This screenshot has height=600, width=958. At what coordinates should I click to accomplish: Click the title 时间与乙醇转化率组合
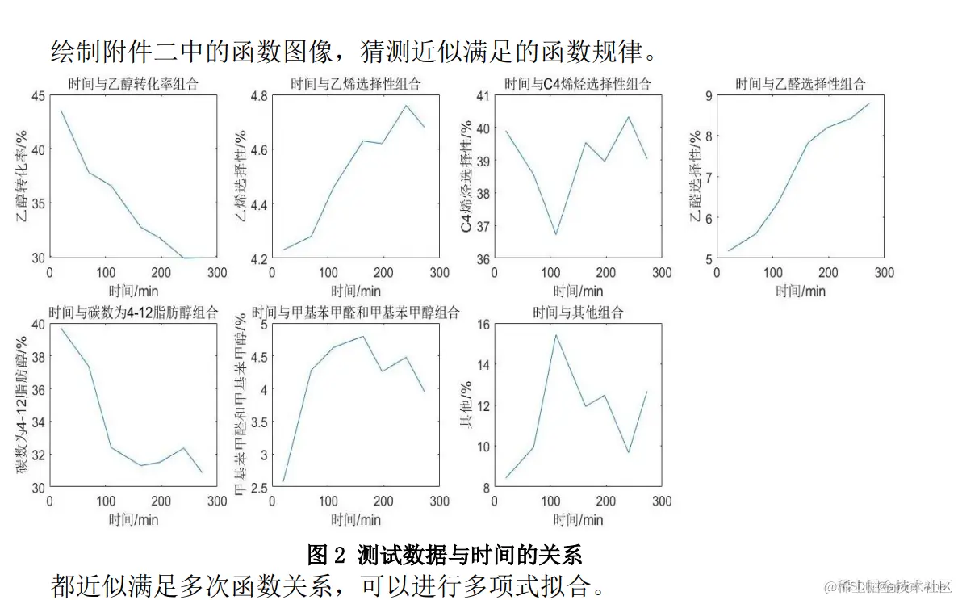[133, 83]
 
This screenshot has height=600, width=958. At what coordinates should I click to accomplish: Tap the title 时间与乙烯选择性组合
[356, 83]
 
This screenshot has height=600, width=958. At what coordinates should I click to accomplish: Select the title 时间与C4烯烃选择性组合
[577, 83]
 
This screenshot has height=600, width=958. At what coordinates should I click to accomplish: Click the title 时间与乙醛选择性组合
[800, 83]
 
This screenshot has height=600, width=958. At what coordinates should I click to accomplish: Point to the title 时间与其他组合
[577, 313]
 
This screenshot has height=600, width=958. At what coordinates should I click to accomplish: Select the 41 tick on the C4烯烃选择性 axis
[483, 96]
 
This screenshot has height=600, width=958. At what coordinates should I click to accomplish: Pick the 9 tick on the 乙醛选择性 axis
[708, 96]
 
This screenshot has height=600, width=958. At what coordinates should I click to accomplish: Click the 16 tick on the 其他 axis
[483, 325]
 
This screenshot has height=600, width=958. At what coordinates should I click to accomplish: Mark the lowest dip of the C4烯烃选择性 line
[555, 234]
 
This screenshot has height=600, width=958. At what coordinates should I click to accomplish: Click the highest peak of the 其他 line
[555, 335]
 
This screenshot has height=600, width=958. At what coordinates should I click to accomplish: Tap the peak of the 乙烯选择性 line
[406, 106]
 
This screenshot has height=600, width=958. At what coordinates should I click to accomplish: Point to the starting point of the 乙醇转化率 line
[61, 111]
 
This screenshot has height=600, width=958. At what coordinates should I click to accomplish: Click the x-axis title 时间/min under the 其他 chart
[577, 519]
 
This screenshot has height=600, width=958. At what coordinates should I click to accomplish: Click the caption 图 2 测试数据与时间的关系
[445, 555]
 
